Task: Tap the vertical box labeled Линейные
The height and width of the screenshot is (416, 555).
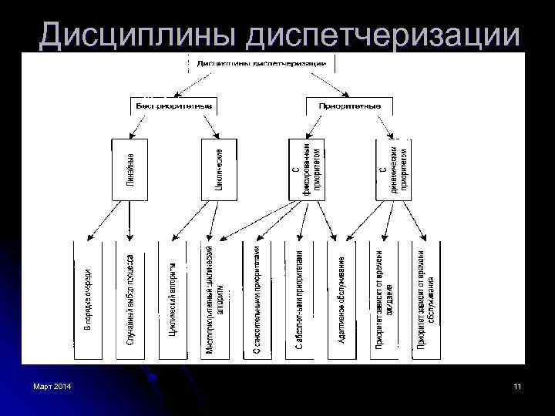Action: (x=129, y=169)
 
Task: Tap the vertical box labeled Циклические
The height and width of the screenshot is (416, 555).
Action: (x=218, y=169)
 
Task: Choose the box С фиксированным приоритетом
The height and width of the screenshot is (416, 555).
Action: (x=307, y=169)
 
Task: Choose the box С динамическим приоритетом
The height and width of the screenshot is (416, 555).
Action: (x=395, y=169)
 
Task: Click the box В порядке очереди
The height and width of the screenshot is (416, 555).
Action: (x=88, y=300)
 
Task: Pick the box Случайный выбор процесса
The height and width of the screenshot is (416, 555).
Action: (x=130, y=300)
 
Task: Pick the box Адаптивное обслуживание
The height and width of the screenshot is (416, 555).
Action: (x=342, y=300)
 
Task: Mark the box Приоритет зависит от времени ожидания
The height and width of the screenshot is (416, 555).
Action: (x=385, y=300)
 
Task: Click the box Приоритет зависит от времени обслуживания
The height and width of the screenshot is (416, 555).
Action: (x=426, y=300)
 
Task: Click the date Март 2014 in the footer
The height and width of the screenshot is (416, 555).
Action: (x=52, y=385)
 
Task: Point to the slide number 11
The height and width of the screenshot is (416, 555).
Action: (x=516, y=385)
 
